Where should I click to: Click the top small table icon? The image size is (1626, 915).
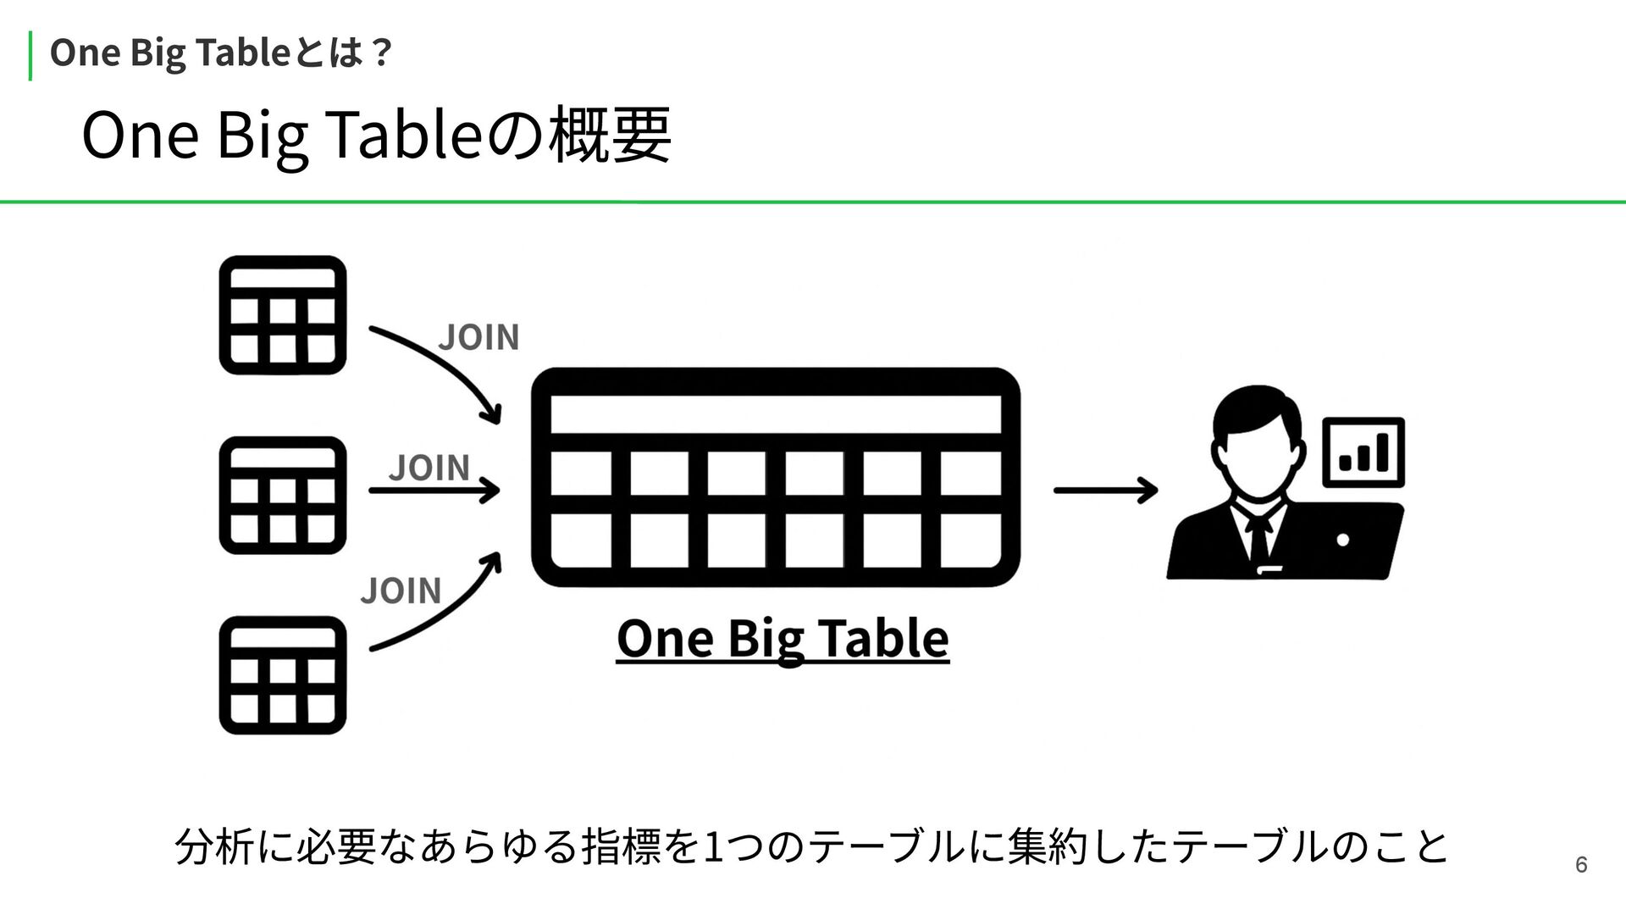coord(283,315)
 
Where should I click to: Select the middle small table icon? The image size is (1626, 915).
coord(283,496)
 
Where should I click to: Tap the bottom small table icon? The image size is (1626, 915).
coord(283,675)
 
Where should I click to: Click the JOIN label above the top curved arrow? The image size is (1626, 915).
coord(478,337)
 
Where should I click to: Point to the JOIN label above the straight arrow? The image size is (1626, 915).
coord(429,467)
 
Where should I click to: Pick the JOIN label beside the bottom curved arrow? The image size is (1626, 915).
coord(401,590)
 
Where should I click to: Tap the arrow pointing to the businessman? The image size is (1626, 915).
coord(1105,490)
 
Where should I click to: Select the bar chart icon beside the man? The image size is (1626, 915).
coord(1363,452)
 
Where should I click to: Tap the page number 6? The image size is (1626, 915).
coord(1580,865)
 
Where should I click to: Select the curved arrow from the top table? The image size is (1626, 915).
coord(436,369)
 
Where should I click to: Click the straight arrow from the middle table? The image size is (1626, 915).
coord(434,490)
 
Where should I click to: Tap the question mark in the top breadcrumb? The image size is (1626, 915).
coord(381,53)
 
